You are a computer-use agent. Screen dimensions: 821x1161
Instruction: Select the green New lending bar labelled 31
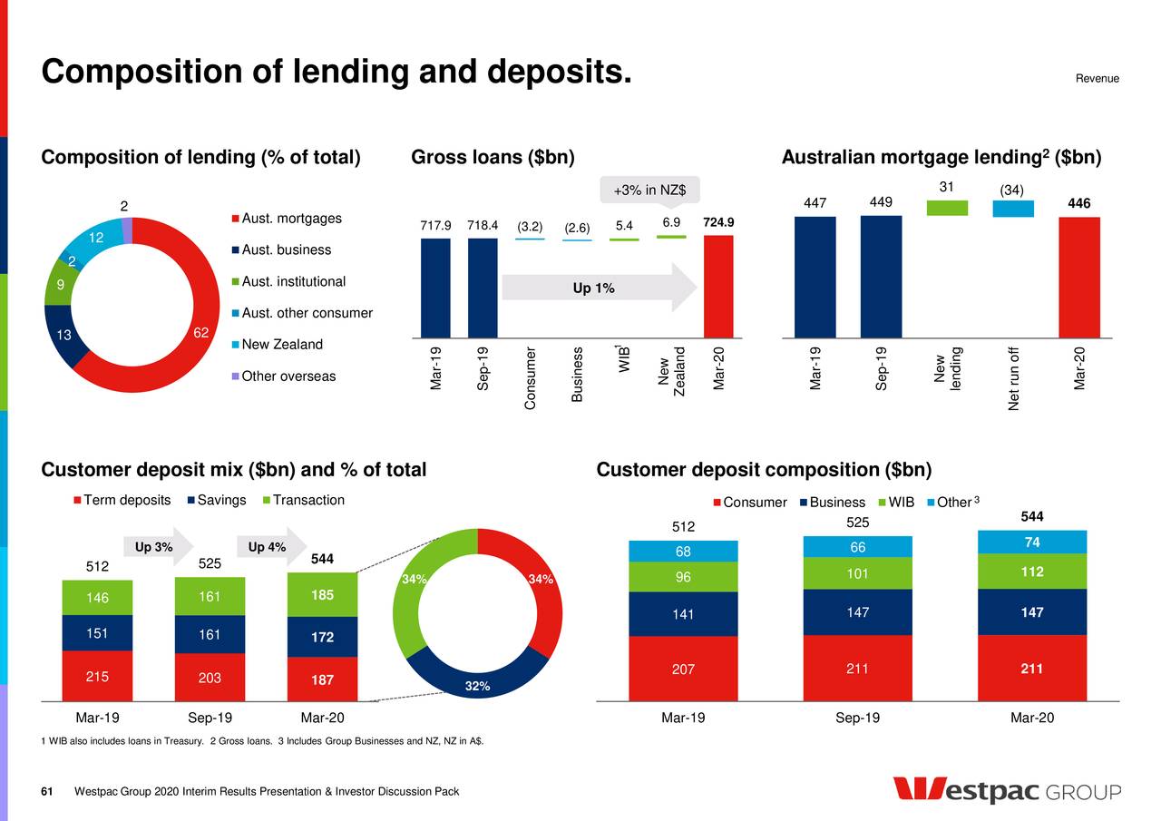pos(947,208)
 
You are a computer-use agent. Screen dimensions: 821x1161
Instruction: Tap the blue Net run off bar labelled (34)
pos(1013,209)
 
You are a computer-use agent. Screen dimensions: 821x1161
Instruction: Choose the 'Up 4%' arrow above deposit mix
pos(268,547)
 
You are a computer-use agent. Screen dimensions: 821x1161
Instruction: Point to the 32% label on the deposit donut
pos(478,686)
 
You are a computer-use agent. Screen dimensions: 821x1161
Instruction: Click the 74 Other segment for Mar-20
pos(1031,542)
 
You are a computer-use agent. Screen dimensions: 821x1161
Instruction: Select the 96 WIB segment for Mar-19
pos(683,577)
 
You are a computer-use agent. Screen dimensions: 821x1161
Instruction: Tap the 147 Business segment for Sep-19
pos(857,612)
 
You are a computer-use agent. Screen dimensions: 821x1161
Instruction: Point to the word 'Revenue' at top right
pos(1097,79)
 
